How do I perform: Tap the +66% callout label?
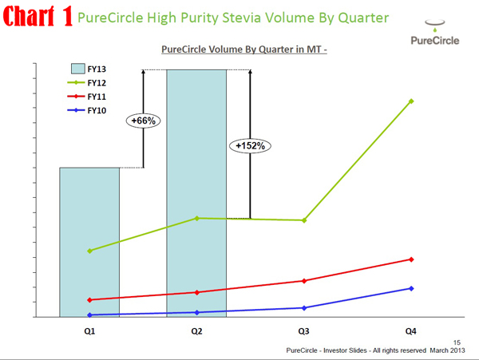144,121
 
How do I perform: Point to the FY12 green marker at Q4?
411,101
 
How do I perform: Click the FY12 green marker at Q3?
304,220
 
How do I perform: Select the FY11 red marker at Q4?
411,259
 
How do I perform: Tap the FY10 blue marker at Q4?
411,288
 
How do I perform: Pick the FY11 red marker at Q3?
304,281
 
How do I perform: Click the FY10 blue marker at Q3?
304,308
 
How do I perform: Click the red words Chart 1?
39,18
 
